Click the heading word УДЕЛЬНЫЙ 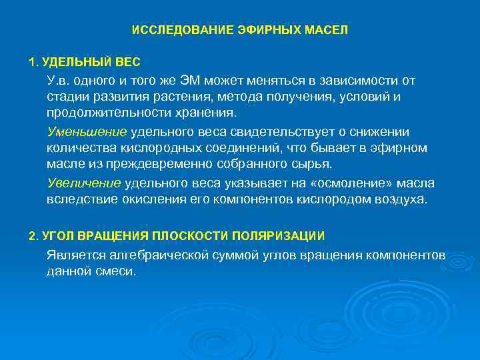[x=75, y=62]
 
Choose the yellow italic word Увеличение [x=84, y=183]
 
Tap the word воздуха [x=399, y=199]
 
